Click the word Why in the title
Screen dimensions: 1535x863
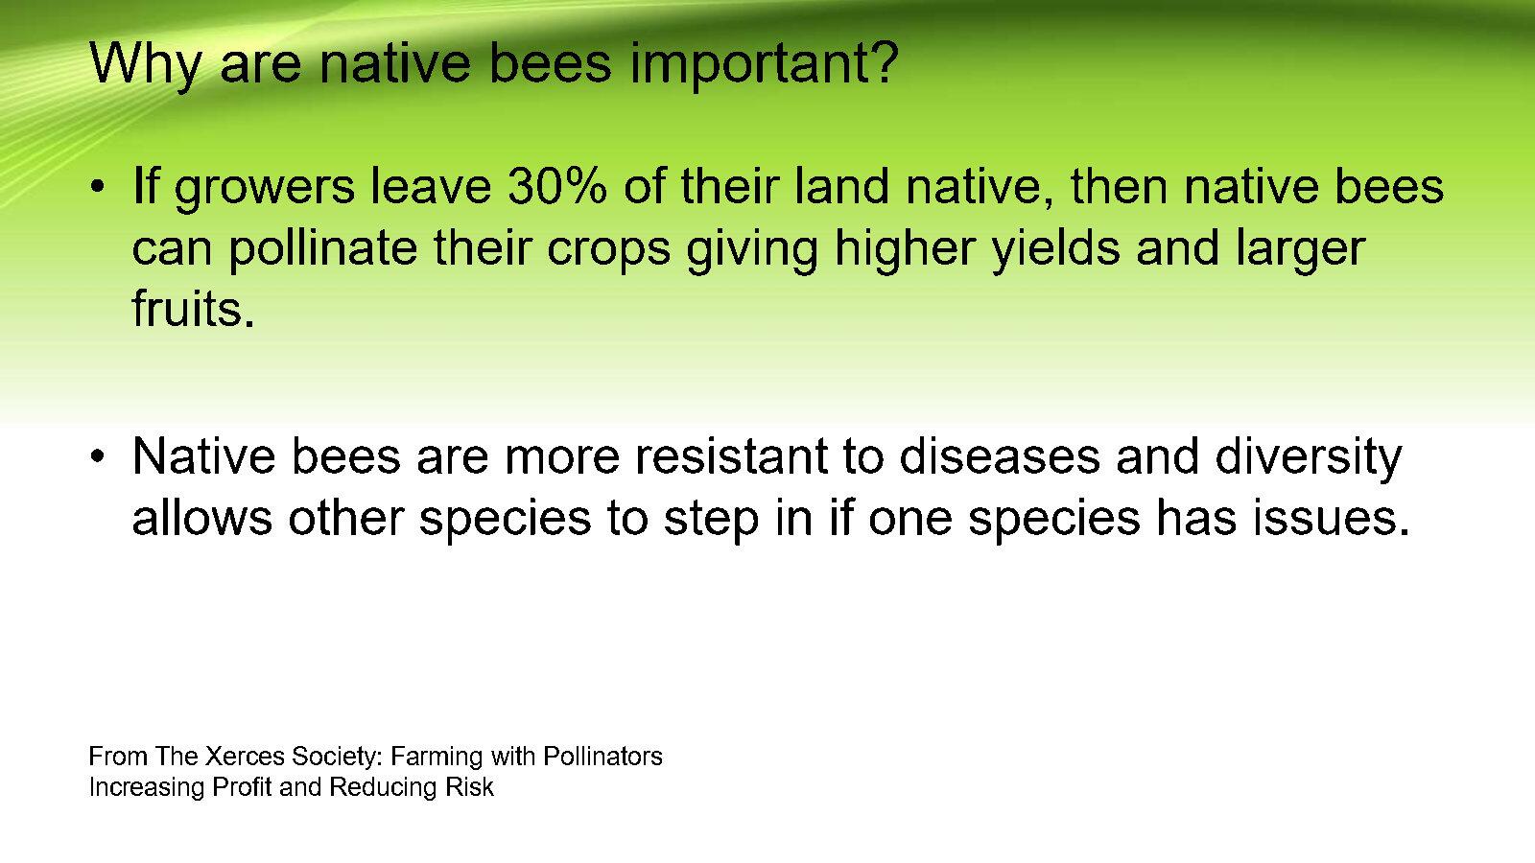145,66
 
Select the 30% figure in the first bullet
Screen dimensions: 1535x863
557,186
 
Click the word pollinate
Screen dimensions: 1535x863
322,249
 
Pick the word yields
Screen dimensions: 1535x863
1056,249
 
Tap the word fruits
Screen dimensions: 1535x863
193,308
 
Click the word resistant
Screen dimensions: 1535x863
731,455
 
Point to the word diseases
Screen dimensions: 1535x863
999,455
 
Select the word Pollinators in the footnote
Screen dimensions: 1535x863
603,757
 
